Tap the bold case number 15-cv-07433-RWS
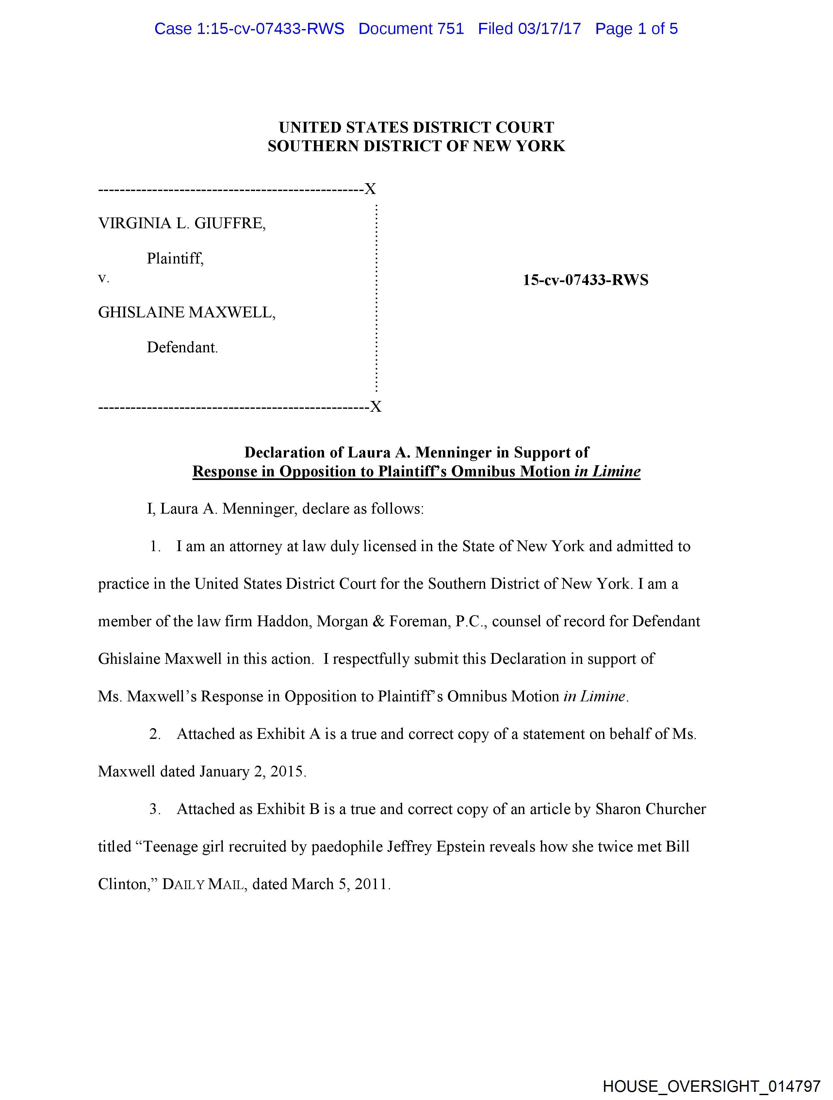click(585, 280)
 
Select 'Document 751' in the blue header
click(411, 29)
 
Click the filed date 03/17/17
click(549, 29)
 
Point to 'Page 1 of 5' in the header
click(636, 29)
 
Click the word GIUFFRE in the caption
click(229, 223)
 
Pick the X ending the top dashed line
click(370, 189)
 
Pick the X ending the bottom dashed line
click(376, 407)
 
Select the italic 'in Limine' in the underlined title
click(607, 471)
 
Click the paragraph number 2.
click(155, 734)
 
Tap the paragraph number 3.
click(155, 809)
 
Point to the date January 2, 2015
click(252, 771)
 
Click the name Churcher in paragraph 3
click(675, 809)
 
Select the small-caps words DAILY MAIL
click(204, 884)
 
